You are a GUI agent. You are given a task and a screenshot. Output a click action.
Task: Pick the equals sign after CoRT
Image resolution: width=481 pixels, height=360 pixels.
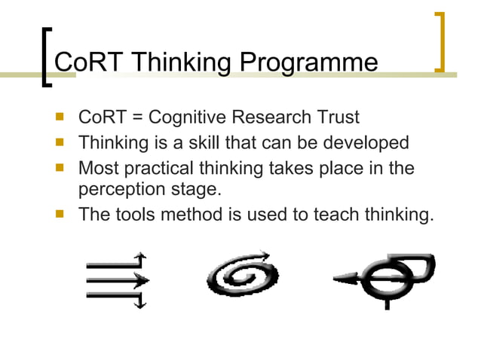click(x=137, y=118)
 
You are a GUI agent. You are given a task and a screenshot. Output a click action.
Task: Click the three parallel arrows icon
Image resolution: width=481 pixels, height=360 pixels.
click(x=118, y=279)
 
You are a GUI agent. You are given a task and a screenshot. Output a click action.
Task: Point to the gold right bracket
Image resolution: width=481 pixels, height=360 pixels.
click(x=439, y=42)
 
